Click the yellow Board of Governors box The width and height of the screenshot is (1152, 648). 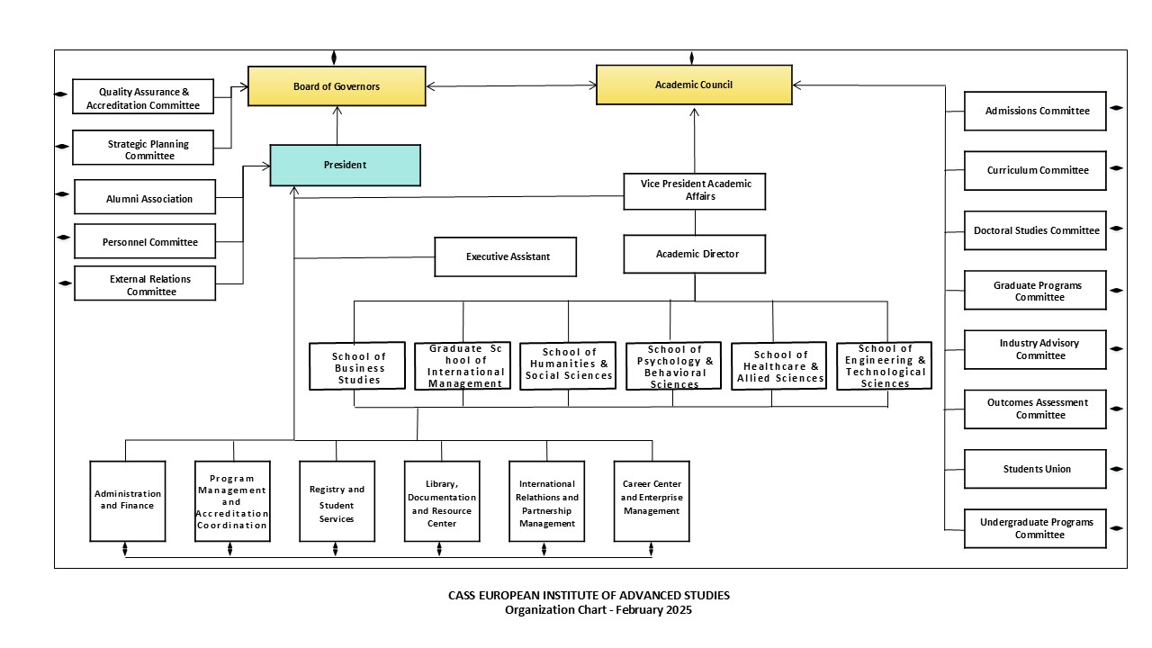[337, 86]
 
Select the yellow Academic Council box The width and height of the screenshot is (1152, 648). [694, 85]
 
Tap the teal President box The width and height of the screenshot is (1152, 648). [345, 165]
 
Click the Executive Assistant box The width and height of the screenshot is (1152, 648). [507, 256]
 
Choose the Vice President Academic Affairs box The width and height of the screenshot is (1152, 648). [695, 190]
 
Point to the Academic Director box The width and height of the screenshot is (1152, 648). [695, 254]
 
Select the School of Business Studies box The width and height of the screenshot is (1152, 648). [358, 367]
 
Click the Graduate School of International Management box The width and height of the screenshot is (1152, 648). [463, 365]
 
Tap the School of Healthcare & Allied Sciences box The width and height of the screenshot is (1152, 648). [779, 366]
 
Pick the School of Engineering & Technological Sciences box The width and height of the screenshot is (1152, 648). [884, 365]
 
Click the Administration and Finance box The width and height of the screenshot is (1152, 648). [128, 500]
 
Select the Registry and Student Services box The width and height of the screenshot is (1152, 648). [337, 500]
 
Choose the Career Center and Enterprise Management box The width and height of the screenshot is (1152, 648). [652, 500]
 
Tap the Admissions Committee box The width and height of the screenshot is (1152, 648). [1036, 111]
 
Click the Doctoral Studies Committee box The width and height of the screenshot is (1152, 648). [1036, 230]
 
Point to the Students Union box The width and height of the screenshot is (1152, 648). [1036, 469]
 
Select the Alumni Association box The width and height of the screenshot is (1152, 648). [145, 199]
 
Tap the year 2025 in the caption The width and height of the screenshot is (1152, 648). [679, 610]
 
